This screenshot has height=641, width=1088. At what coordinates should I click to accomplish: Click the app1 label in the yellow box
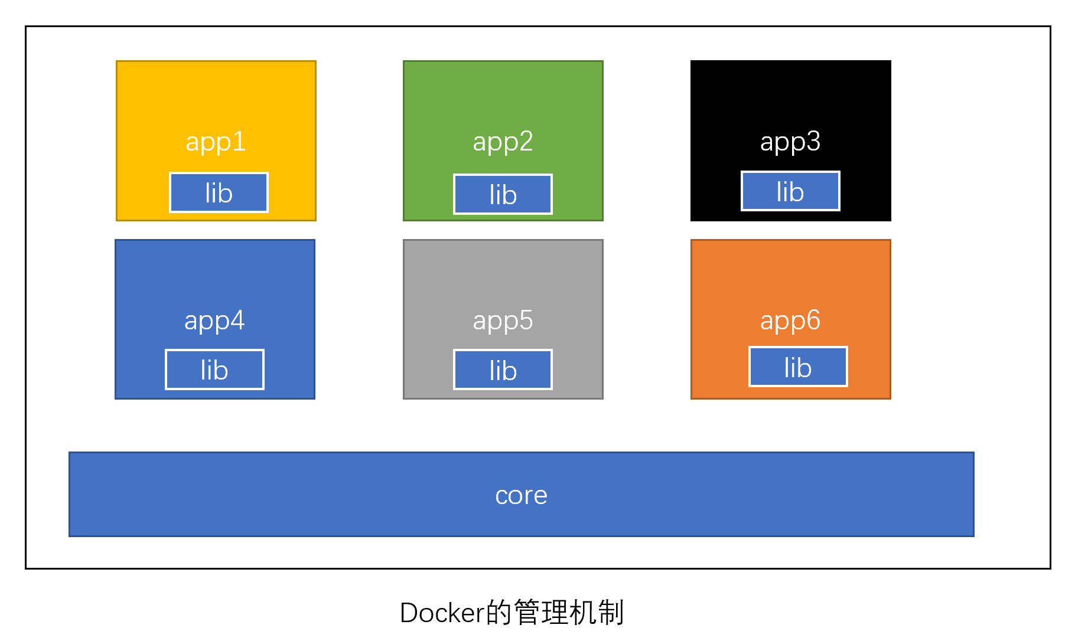point(216,142)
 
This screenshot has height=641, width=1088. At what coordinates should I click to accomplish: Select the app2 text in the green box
point(503,142)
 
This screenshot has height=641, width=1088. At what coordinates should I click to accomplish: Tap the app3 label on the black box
point(790,142)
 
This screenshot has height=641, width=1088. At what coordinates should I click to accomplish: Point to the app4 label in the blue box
point(214,321)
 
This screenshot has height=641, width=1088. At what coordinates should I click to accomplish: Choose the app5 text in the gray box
point(503,321)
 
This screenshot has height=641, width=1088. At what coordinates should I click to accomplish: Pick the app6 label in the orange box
point(790,321)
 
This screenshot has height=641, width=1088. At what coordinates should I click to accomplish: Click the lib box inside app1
point(219,192)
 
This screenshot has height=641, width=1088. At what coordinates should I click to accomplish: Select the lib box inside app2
point(503,194)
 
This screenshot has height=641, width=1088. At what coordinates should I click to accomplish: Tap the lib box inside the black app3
point(790,191)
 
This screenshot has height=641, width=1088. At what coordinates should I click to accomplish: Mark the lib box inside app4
point(214,369)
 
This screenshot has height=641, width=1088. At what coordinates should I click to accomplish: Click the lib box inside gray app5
point(503,370)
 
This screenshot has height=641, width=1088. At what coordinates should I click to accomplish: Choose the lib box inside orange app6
point(798,367)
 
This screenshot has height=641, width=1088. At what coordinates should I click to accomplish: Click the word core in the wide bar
point(521,495)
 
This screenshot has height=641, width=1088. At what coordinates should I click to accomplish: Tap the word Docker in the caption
point(442,613)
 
